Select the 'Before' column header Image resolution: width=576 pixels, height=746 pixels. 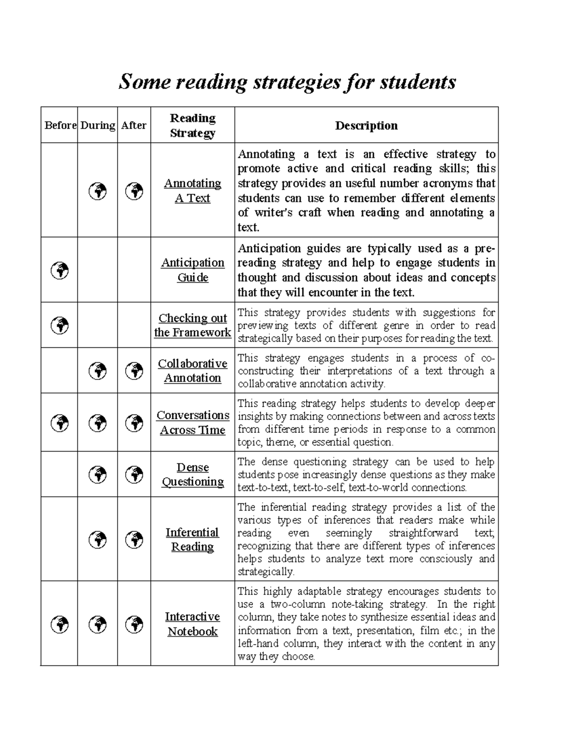(60, 125)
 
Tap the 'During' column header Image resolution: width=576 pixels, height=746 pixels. (97, 125)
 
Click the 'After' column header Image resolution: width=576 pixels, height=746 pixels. (134, 125)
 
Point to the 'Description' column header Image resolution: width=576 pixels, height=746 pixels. (366, 125)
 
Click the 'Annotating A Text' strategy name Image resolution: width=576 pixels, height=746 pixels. (192, 191)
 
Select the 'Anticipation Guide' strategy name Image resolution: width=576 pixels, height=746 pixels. (192, 270)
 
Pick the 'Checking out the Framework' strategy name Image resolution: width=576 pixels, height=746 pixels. (192, 325)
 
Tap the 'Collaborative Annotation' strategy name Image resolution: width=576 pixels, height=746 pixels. (192, 371)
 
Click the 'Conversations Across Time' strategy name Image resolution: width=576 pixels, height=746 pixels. (192, 423)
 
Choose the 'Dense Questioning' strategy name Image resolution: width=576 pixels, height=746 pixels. (192, 475)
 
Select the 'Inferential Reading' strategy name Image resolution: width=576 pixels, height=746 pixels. (192, 539)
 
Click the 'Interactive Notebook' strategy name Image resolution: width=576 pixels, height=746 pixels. (192, 624)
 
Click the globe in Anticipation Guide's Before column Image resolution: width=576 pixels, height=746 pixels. (60, 270)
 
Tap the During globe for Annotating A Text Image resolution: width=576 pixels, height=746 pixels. (98, 191)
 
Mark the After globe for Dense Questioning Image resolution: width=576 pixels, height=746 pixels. (134, 475)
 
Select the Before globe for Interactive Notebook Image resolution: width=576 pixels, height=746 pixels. (60, 624)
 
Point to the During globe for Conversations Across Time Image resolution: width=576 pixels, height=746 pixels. (98, 423)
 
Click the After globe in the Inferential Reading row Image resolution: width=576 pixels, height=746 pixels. (134, 539)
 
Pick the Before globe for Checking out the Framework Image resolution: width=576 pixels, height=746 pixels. (60, 325)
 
